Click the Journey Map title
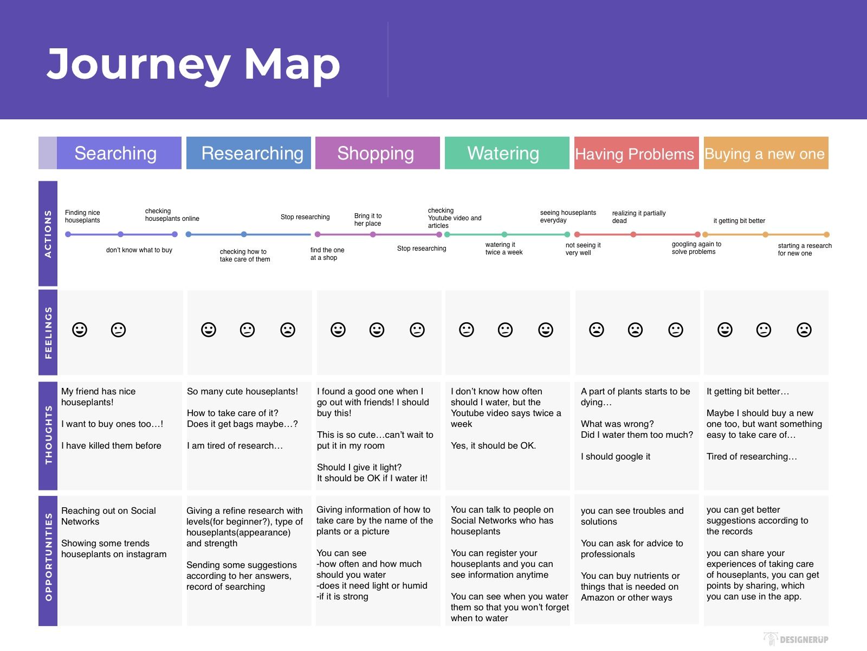coord(193,65)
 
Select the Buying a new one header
coord(766,153)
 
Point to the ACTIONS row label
coord(48,234)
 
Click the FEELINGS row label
coord(48,333)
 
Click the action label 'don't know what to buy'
coord(139,250)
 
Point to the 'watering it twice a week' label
coord(503,248)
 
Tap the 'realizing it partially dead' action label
coord(639,217)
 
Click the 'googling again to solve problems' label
coord(696,248)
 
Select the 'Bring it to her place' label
coord(368,220)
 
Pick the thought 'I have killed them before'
coord(111,446)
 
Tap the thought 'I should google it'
coord(616,457)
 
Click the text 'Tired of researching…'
coord(752,457)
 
